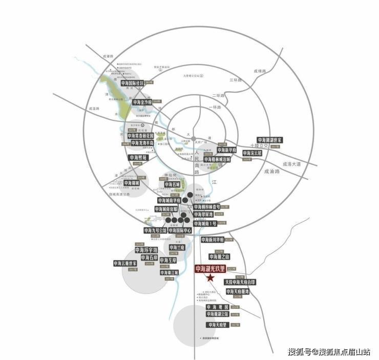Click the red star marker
210,278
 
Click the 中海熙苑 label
138,158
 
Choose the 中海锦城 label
139,182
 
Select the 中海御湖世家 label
270,140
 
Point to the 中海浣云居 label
252,153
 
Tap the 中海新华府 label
226,150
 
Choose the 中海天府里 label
218,325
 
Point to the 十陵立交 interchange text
267,146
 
